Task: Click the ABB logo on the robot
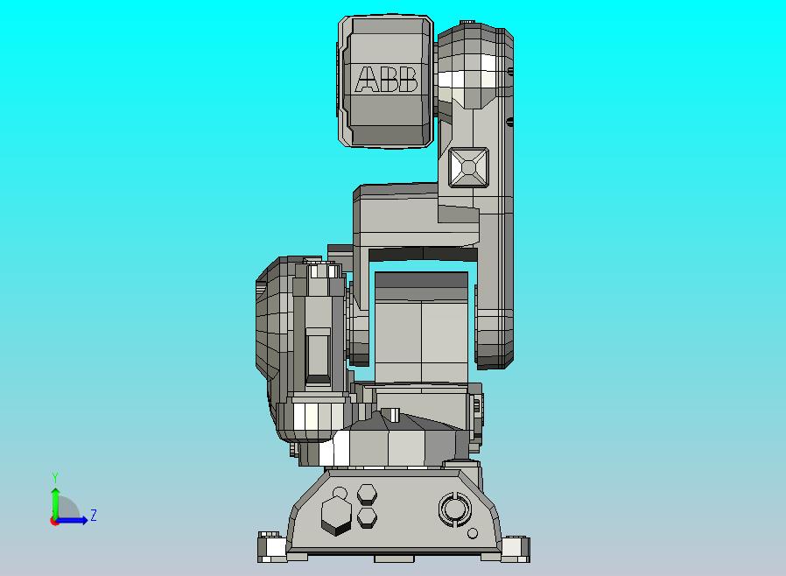point(386,79)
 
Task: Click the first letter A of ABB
point(367,79)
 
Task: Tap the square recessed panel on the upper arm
point(468,167)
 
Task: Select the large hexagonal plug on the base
point(335,516)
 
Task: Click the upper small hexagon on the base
point(367,495)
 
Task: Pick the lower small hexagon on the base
point(368,517)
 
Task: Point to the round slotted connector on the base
point(454,509)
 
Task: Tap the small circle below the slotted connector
point(472,533)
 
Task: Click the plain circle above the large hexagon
point(340,494)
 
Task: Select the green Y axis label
point(55,477)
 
